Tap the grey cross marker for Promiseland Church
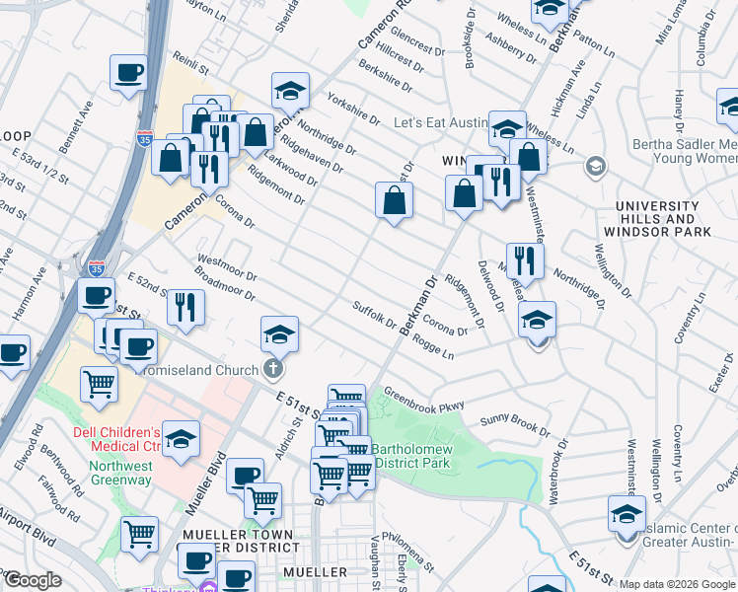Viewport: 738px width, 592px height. click(273, 370)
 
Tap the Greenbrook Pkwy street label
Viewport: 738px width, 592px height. click(423, 399)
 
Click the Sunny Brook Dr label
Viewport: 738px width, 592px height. click(515, 425)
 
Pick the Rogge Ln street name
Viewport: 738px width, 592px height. click(433, 348)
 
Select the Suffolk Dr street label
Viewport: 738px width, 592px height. click(374, 316)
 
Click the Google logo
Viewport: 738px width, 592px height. click(33, 581)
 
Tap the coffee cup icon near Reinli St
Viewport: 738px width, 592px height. click(129, 74)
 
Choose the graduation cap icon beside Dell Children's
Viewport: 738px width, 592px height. click(182, 440)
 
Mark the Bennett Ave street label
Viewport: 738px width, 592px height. click(75, 126)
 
